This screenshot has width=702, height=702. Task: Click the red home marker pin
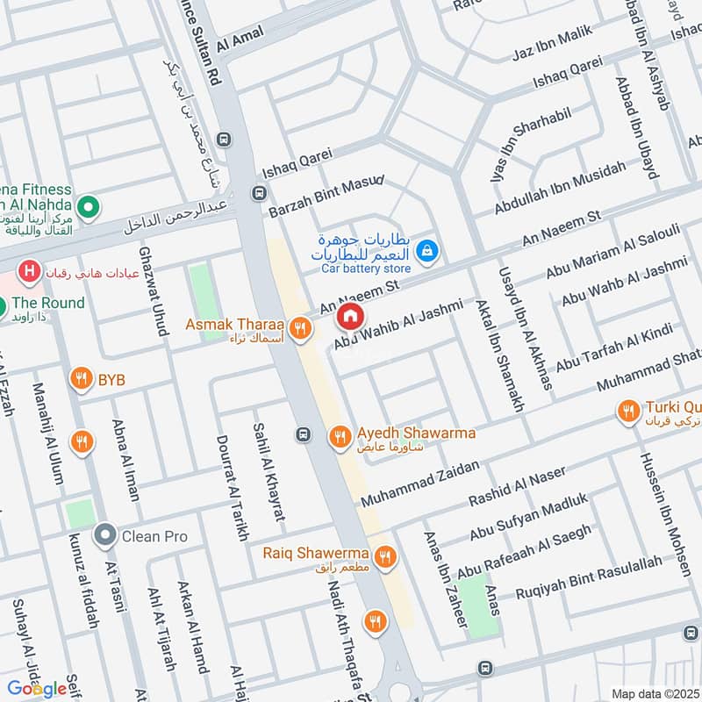coord(350,316)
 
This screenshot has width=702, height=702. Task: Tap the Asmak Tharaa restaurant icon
coord(301,327)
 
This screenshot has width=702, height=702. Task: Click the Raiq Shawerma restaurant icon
coord(384,555)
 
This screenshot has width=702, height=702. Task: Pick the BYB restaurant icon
coord(82,380)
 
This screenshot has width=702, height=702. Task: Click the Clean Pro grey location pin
coord(105,534)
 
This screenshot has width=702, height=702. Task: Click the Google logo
coord(37,688)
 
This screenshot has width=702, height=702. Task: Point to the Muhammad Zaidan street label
coord(420,484)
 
